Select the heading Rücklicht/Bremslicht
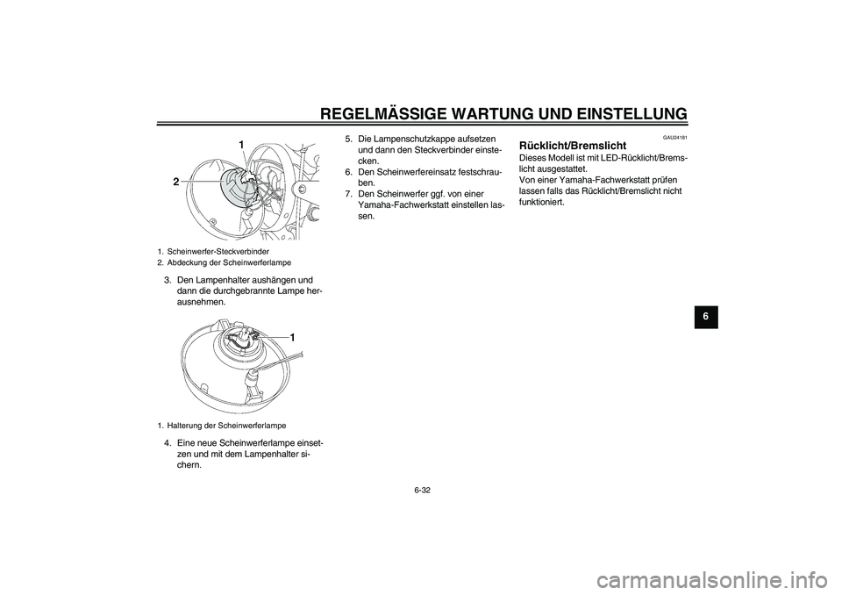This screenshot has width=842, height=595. tap(573, 145)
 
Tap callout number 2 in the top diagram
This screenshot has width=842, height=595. tap(176, 182)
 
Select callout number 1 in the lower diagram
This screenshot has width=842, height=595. tap(293, 338)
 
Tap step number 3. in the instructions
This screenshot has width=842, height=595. tap(168, 281)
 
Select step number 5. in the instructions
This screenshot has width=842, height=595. tap(348, 139)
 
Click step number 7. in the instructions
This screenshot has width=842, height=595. tap(348, 194)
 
